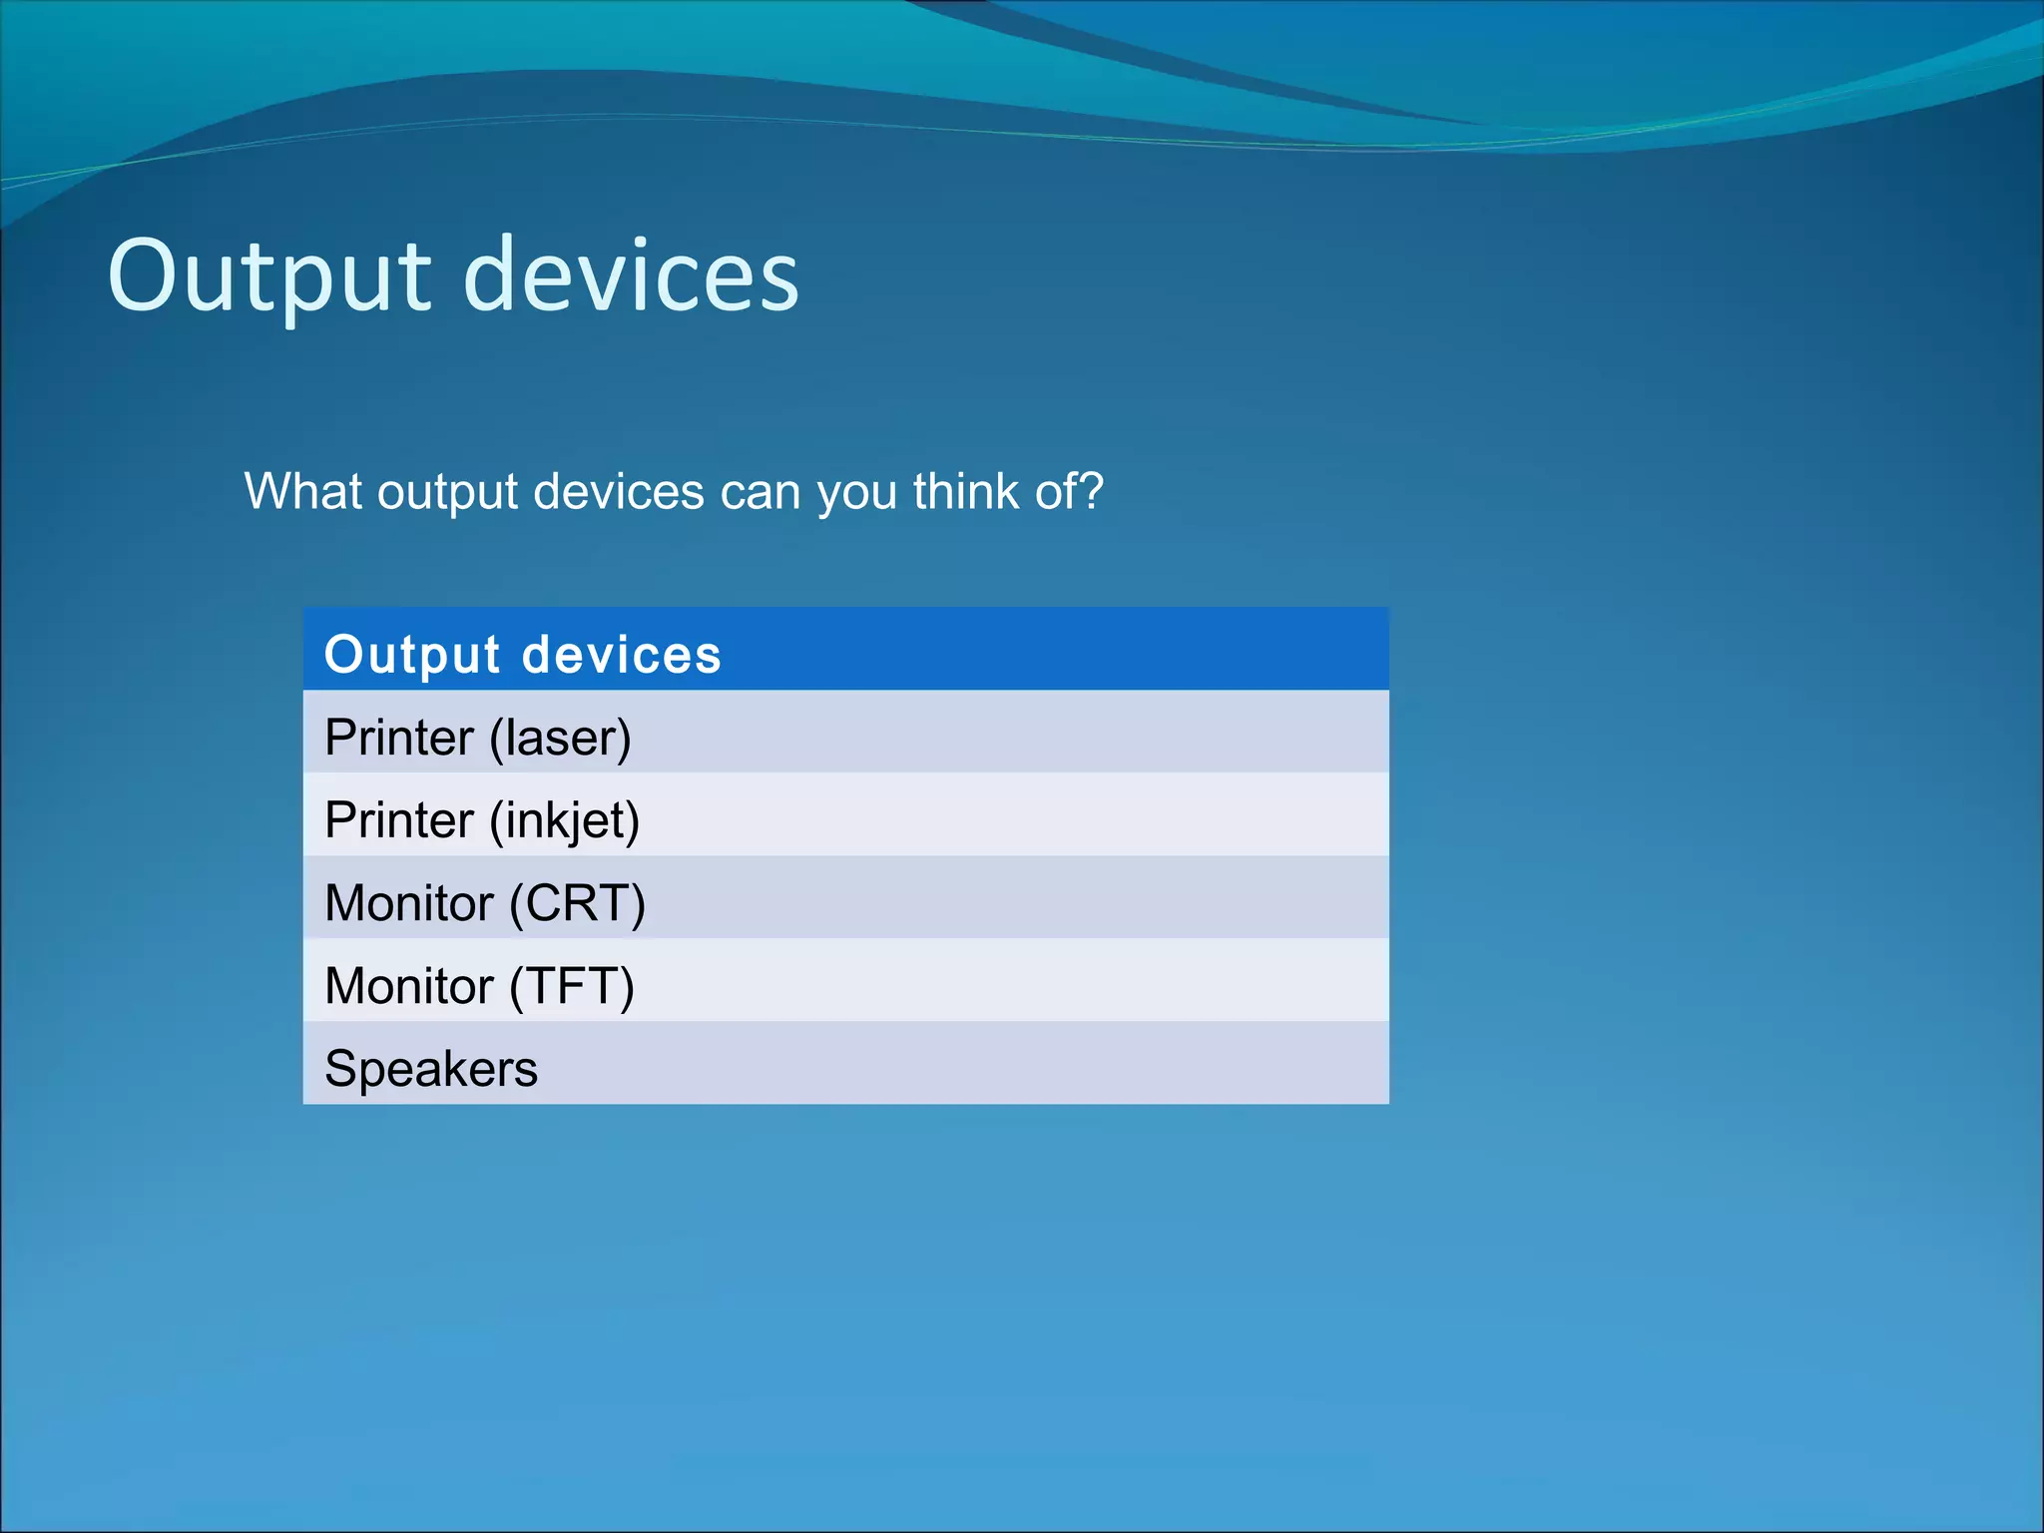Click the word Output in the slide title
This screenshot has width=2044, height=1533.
point(269,276)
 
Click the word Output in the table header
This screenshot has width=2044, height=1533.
point(412,656)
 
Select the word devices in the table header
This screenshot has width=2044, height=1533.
point(621,656)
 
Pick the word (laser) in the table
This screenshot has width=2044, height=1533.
point(560,739)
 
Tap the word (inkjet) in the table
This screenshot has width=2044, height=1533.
point(564,821)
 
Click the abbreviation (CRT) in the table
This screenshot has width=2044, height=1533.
point(577,904)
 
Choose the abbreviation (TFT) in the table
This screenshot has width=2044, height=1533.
point(571,987)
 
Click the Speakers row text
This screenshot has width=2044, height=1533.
point(431,1069)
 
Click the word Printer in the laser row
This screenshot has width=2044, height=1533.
point(399,739)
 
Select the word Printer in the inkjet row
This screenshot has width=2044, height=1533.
point(399,821)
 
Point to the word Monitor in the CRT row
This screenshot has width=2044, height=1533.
point(409,904)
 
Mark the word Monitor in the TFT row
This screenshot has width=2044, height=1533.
point(409,987)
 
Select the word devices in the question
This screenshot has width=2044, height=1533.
point(619,492)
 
